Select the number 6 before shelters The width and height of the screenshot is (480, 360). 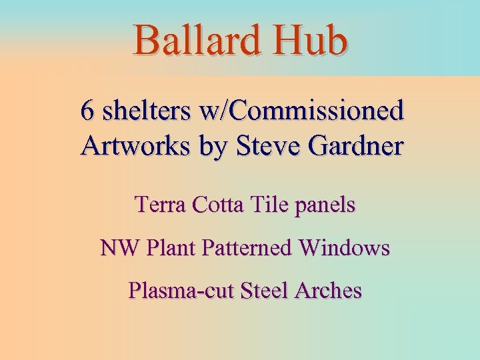point(87,111)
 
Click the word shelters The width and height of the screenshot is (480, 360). point(137,111)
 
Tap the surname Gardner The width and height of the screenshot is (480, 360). point(355,145)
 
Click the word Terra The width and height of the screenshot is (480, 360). point(160,204)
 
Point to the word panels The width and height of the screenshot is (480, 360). point(325,205)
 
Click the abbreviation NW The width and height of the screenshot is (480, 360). point(117,248)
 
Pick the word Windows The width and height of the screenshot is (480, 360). point(345,248)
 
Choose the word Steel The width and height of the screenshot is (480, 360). point(264,291)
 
